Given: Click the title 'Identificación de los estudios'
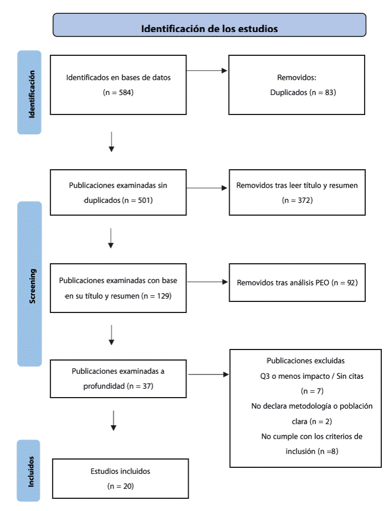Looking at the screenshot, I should click(209, 28).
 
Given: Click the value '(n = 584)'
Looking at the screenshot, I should click(118, 92).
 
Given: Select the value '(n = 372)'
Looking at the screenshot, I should click(297, 200).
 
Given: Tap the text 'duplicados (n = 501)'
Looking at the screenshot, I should click(118, 200).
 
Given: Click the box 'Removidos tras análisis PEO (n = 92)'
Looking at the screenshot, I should click(297, 283).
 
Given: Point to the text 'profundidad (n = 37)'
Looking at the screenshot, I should click(118, 385).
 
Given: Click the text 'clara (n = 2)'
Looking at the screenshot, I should click(304, 421).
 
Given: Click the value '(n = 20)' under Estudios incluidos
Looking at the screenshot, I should click(121, 486).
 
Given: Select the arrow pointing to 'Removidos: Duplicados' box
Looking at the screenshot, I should click(208, 71).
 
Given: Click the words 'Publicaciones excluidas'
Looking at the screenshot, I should click(306, 361).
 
